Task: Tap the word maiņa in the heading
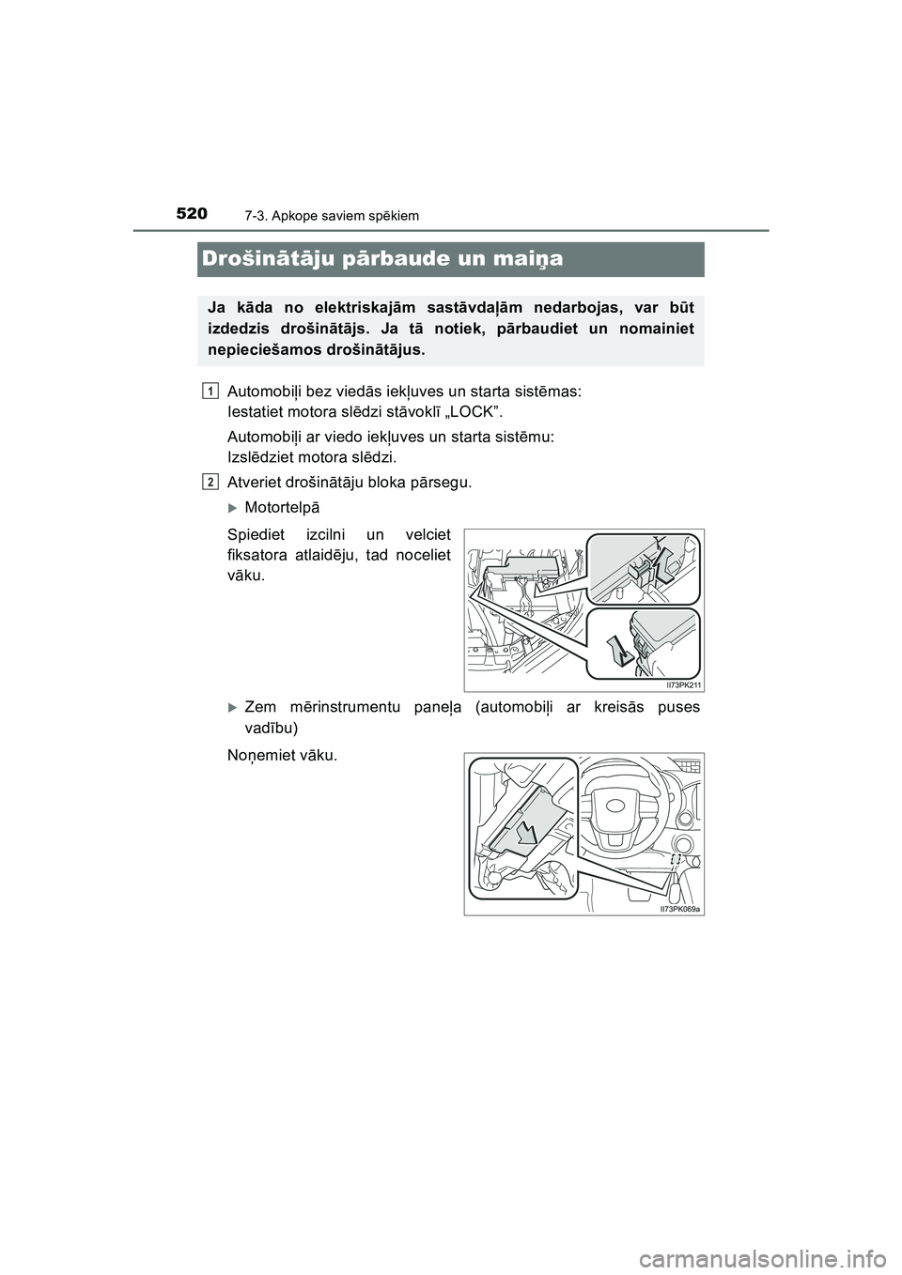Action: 525,259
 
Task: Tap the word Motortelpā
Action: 282,508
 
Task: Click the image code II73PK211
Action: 677,685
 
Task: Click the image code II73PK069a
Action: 680,908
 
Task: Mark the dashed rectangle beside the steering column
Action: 675,859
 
